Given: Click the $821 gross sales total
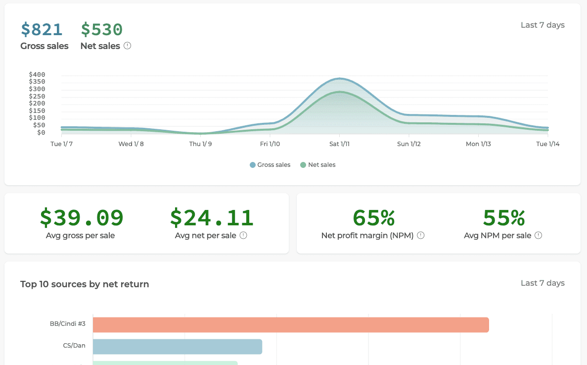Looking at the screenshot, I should click(x=42, y=30).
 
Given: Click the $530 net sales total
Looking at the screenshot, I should click(x=101, y=30).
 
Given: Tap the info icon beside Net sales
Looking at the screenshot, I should click(x=128, y=46).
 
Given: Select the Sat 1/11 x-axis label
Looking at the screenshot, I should click(x=340, y=144).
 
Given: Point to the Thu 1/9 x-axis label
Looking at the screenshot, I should click(x=201, y=144).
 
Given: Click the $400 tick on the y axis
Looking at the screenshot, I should click(x=37, y=75).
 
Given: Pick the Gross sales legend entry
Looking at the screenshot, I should click(x=270, y=165).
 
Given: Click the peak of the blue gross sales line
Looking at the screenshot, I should click(x=340, y=78).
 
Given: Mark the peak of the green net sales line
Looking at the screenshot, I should click(x=340, y=92).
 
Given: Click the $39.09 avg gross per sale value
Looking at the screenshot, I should click(x=82, y=218).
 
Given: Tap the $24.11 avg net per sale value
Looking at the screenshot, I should click(x=211, y=218).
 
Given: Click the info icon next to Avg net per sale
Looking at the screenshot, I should click(x=243, y=236).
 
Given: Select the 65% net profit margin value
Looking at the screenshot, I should click(x=373, y=218).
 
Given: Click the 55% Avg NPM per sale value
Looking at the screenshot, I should click(x=503, y=218).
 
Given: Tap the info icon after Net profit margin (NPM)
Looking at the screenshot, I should click(x=421, y=236).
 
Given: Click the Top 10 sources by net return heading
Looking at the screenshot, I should click(x=85, y=284).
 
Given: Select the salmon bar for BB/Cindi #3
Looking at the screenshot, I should click(x=291, y=325).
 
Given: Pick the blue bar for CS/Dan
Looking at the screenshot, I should click(x=177, y=347).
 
